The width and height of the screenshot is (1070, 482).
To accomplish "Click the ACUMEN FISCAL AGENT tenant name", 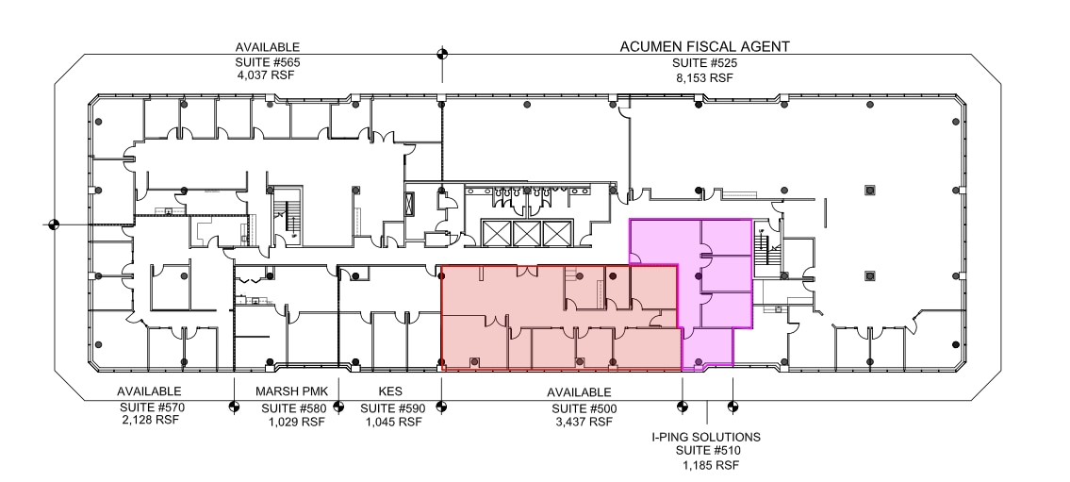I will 703,46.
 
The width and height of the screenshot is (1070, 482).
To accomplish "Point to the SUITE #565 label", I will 268,62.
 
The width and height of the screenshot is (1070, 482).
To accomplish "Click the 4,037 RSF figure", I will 268,75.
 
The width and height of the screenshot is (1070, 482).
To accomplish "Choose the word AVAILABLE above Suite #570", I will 149,391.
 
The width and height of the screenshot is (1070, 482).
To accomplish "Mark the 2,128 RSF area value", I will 149,421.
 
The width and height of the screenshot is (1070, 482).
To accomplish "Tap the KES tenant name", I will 390,391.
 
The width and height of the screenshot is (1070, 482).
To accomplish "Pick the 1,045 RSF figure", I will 390,422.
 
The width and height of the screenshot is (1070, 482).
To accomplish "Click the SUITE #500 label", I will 581,407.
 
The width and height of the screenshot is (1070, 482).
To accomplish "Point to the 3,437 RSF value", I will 581,422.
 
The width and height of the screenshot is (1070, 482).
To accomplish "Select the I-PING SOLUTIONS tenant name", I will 706,438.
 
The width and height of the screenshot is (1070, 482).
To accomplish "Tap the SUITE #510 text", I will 706,452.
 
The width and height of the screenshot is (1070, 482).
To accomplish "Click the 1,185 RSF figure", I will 706,466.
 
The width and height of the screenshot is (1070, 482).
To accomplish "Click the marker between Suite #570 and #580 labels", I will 235,407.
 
